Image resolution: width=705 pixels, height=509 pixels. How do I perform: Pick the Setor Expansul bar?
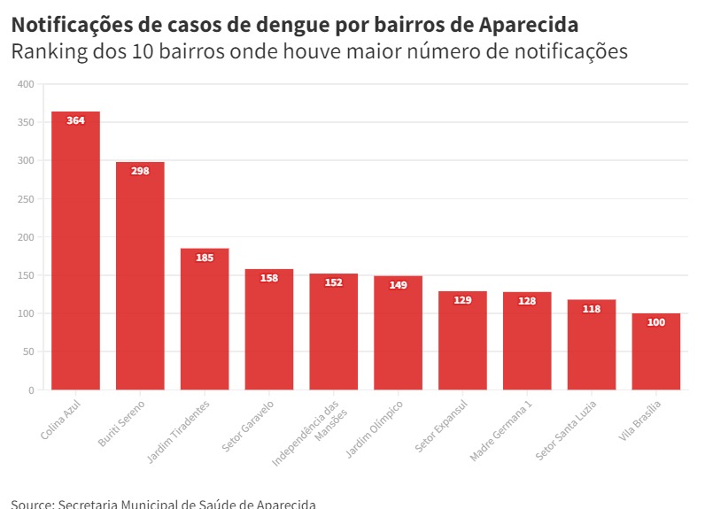click(x=462, y=341)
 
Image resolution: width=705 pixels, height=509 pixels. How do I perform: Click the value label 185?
click(x=205, y=258)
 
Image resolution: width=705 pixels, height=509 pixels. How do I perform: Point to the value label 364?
click(x=75, y=120)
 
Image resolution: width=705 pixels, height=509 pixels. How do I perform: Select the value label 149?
click(x=398, y=285)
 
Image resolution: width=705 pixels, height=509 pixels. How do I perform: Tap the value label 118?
click(x=592, y=309)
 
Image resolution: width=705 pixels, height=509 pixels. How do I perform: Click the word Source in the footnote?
click(x=30, y=504)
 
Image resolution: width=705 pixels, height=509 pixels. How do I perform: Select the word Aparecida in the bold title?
click(x=529, y=24)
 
